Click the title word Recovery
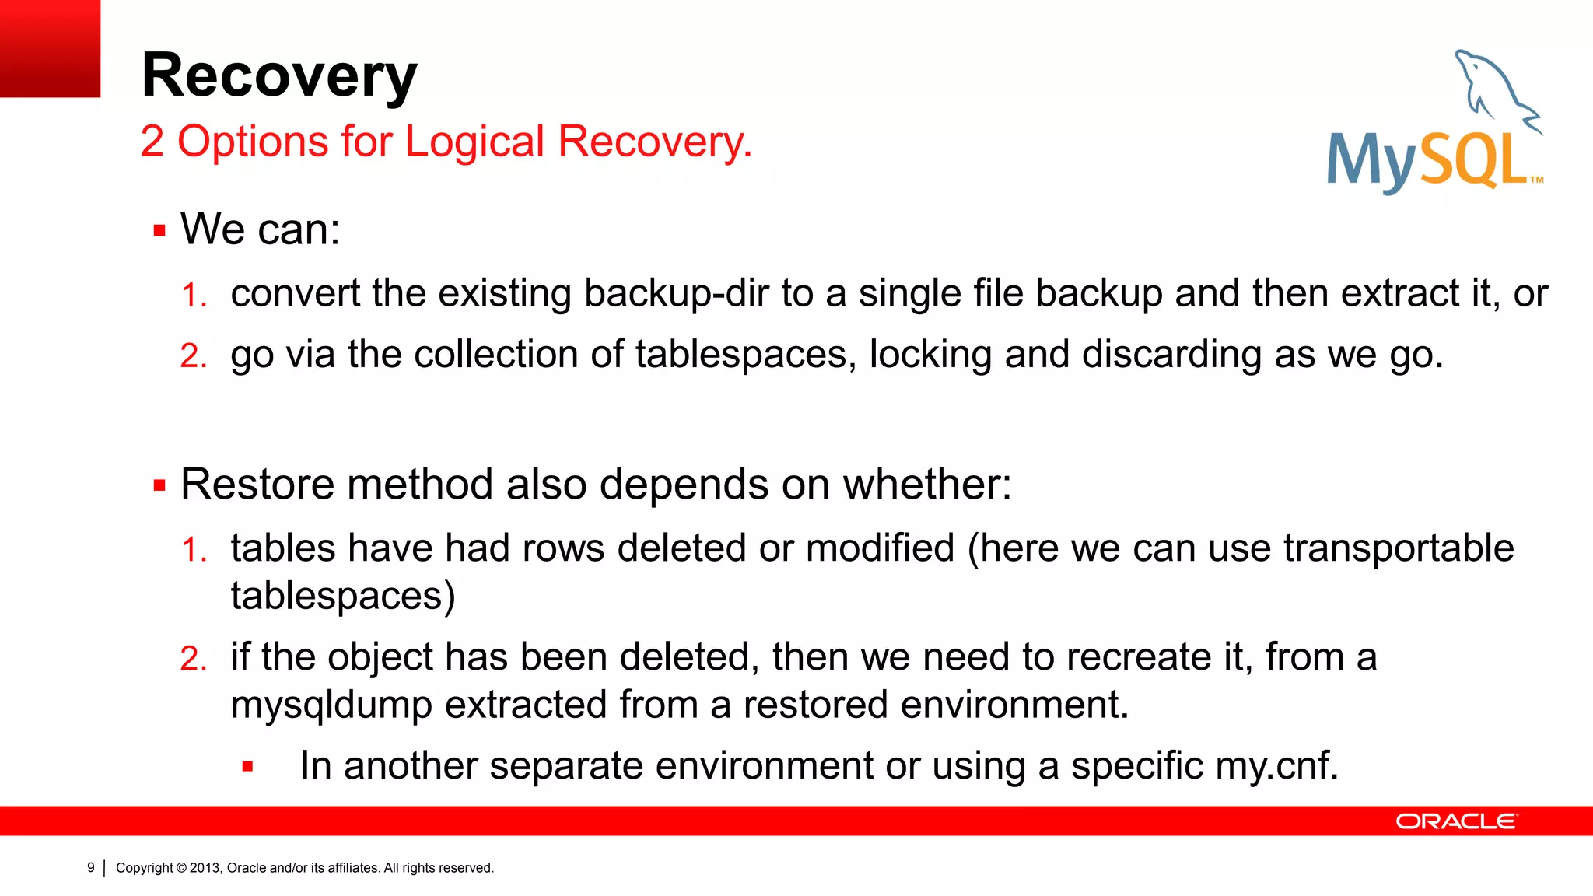tap(279, 76)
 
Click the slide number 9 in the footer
tap(90, 867)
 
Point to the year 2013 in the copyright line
tap(205, 868)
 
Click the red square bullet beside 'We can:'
tap(159, 231)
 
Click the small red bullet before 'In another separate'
tap(247, 767)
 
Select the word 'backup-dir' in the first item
tap(676, 294)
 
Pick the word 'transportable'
tap(1398, 548)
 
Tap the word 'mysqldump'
tap(331, 705)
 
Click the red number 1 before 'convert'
tap(192, 296)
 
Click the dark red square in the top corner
tap(50, 48)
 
